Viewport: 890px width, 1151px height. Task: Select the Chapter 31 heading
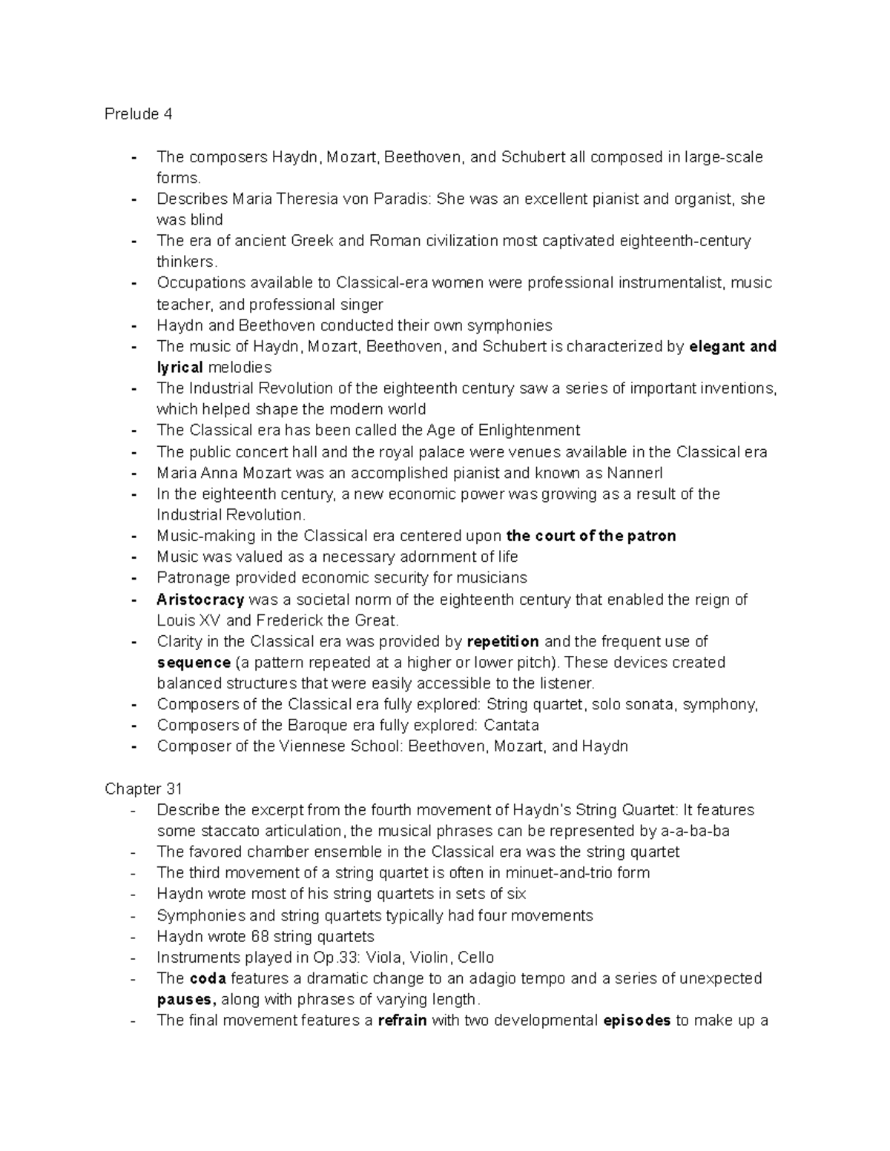coord(143,789)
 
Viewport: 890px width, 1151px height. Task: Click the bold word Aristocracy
coord(200,600)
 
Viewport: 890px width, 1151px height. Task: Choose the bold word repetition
coord(503,642)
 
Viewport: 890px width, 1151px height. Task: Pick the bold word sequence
coord(194,663)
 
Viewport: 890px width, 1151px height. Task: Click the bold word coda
coord(208,978)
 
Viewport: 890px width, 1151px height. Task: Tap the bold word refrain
coord(402,1021)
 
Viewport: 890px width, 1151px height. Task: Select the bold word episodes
coord(637,1021)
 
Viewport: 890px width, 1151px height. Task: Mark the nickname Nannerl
coord(635,474)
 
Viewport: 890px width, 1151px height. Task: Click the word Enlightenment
coord(529,431)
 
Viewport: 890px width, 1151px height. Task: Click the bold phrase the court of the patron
coord(590,537)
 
